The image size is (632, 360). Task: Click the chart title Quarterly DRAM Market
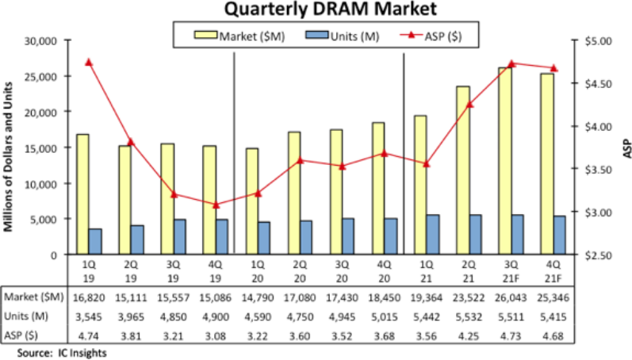pos(316,10)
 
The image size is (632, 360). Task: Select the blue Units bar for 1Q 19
pos(95,241)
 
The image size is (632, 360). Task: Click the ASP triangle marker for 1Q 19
pos(89,62)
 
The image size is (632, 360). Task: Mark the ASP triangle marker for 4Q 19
pos(216,205)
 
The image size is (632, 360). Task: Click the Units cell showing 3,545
pos(89,316)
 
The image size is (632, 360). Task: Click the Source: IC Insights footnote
pos(59,353)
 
